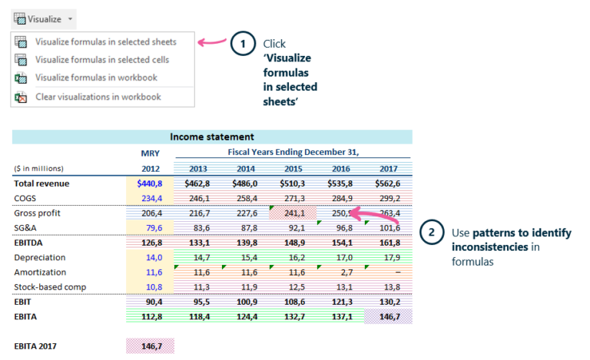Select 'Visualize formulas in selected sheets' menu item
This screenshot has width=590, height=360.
(x=105, y=41)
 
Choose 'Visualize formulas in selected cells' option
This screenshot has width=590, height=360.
(x=102, y=59)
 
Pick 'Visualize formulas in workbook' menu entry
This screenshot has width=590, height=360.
(x=96, y=78)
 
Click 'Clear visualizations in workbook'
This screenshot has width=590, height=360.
(x=98, y=97)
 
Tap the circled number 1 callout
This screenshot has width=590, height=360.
(x=243, y=44)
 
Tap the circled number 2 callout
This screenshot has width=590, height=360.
(x=431, y=233)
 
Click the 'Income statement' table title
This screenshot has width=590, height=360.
(x=212, y=137)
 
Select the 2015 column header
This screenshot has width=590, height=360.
(x=293, y=168)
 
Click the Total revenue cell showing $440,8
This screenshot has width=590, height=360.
(x=151, y=183)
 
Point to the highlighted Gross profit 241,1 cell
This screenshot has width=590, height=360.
(x=293, y=213)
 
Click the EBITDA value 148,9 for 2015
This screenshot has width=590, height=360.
(x=293, y=243)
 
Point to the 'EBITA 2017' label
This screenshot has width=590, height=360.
(x=36, y=346)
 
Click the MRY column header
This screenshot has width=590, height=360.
(x=151, y=153)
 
